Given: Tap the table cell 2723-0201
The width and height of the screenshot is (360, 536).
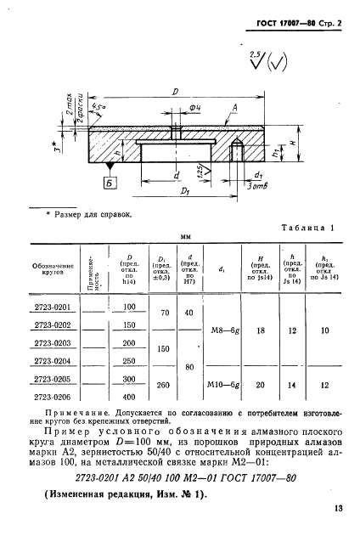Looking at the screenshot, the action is (x=52, y=307).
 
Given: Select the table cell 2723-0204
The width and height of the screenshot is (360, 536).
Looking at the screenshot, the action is (x=52, y=359).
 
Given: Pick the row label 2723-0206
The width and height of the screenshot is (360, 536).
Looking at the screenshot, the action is (x=52, y=396).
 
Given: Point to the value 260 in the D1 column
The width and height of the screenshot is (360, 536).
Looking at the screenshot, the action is (x=159, y=385).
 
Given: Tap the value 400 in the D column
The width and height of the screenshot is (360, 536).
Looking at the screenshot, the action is (x=129, y=396).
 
